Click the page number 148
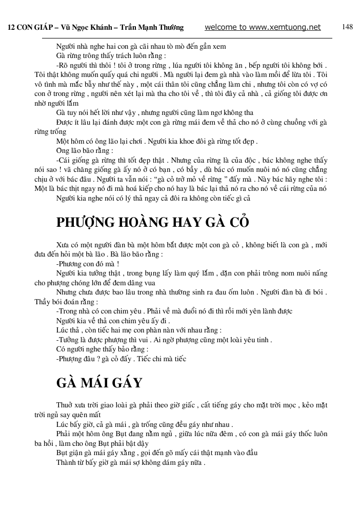(347, 27)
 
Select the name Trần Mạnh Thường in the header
(153, 28)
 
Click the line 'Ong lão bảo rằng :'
(85, 151)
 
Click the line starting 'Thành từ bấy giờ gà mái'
(131, 462)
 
